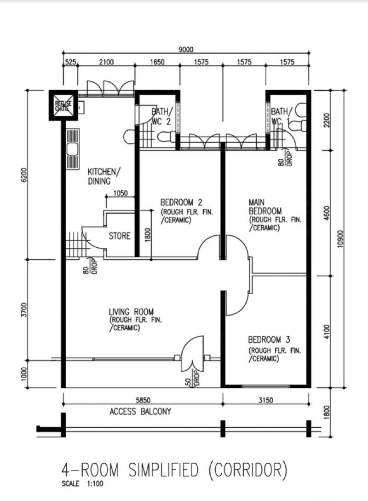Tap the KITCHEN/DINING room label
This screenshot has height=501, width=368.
coord(104,176)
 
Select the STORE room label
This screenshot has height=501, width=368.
coord(120,236)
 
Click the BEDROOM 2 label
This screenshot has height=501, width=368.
coord(181,202)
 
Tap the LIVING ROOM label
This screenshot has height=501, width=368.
coord(131,312)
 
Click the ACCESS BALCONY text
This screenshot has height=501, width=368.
coord(140,411)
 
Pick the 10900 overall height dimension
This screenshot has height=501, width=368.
coord(340,239)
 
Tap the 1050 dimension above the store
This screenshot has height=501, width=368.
coord(120,193)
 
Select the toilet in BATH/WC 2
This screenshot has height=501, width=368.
coord(164,136)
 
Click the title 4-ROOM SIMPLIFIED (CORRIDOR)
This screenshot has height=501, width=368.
coord(174,470)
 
